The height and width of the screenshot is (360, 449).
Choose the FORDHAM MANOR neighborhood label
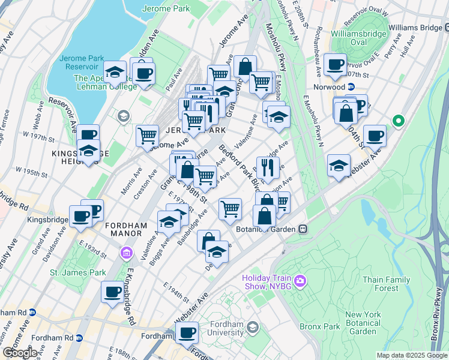point(126,225)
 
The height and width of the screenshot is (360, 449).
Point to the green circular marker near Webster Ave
point(397,122)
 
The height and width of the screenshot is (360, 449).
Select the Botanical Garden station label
point(268,229)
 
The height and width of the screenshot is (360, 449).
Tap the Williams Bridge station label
point(415,28)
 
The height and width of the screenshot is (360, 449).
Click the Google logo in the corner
point(20,353)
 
